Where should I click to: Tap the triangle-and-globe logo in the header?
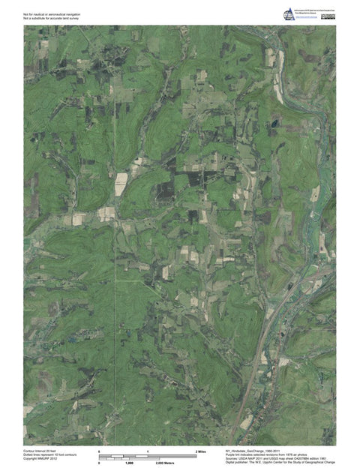pyautogui.click(x=289, y=15)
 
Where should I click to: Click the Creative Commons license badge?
pyautogui.click(x=328, y=15)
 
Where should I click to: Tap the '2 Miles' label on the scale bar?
pyautogui.click(x=201, y=451)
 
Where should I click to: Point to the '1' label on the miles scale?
pyautogui.click(x=148, y=451)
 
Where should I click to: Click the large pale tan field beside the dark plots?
pyautogui.click(x=121, y=184)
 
